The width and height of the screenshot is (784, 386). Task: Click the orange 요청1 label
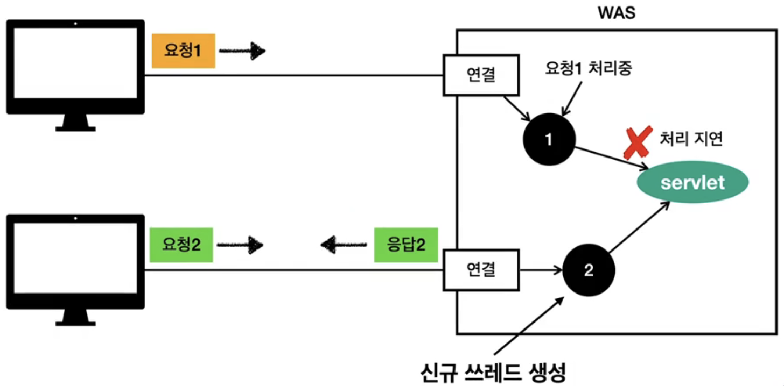coord(184,52)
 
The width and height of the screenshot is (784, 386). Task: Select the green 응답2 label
coord(406,245)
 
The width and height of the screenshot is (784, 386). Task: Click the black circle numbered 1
coord(549,140)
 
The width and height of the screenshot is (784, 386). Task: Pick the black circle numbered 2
coord(589,270)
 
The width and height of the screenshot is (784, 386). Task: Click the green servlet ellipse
coord(692,183)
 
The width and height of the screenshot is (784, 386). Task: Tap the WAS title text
coord(617,13)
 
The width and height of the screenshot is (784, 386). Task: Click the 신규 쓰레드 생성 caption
coord(494,371)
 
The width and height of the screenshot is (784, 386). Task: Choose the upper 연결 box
coord(481,75)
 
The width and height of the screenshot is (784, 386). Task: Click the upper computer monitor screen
coord(75,63)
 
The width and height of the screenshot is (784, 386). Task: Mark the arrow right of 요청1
coord(243,52)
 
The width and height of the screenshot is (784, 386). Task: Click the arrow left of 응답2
coord(345,245)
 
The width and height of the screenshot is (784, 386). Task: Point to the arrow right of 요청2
coord(240,246)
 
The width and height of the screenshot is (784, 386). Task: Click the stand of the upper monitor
coord(75,123)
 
